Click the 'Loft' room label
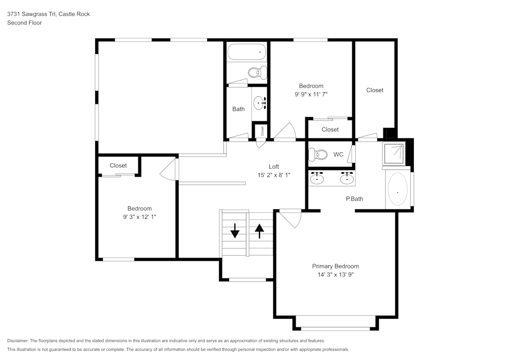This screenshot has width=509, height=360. point(274,167)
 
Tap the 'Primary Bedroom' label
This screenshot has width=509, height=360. point(335,266)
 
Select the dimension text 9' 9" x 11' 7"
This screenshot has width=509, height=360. point(310,94)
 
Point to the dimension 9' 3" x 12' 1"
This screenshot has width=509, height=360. point(139,217)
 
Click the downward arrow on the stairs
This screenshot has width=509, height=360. point(235,231)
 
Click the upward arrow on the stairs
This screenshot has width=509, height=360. point(260,231)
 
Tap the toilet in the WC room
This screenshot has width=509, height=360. point(319,154)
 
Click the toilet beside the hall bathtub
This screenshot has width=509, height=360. point(259,72)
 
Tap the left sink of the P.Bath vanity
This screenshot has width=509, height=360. point(318,178)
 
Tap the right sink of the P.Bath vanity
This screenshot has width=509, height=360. point(347,178)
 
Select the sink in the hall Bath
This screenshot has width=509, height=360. point(260,103)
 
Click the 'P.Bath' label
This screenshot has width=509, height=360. point(354,199)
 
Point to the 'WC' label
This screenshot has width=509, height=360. point(338,154)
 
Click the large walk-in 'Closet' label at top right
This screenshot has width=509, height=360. point(375,90)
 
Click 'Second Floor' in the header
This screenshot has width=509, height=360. point(24,23)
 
